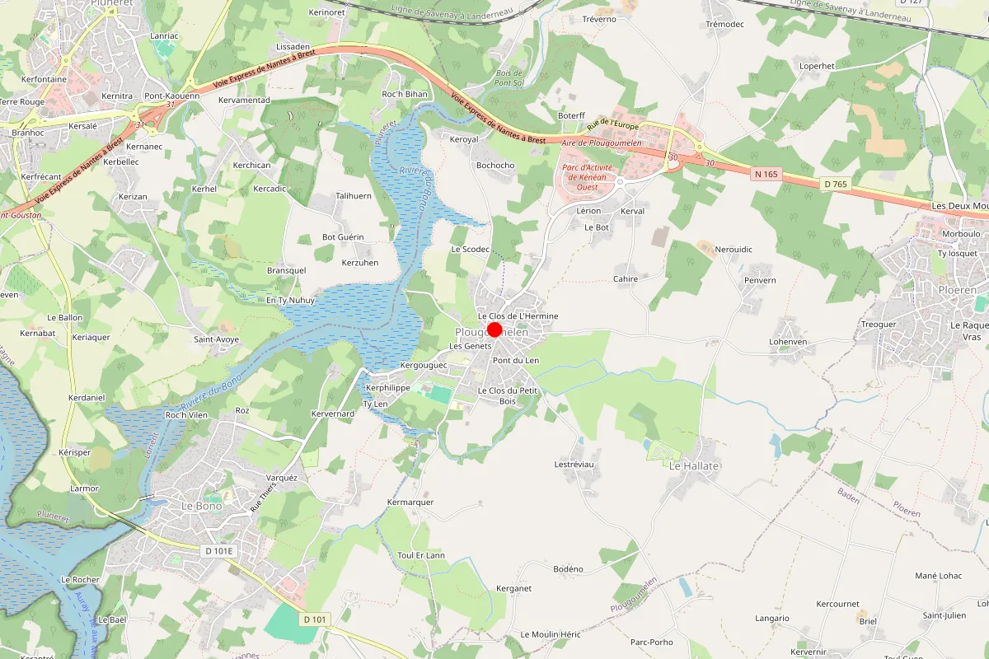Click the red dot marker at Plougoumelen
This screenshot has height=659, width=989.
(494, 329)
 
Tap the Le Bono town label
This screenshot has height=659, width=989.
(200, 506)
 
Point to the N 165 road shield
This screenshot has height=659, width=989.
(766, 174)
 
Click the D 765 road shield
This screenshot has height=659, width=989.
(834, 184)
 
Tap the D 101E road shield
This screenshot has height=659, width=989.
(219, 550)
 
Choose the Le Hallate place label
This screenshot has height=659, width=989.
(694, 466)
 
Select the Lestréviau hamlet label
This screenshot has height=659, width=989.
(574, 465)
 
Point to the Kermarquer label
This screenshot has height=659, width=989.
(410, 502)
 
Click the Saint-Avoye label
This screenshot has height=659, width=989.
(216, 339)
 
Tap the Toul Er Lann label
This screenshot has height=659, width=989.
(421, 555)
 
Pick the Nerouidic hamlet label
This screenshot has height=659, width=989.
(734, 249)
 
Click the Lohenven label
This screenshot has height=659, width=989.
(787, 341)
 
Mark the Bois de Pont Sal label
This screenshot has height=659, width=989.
(509, 78)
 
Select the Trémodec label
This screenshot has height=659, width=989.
(725, 25)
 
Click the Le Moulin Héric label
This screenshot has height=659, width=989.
(551, 634)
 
